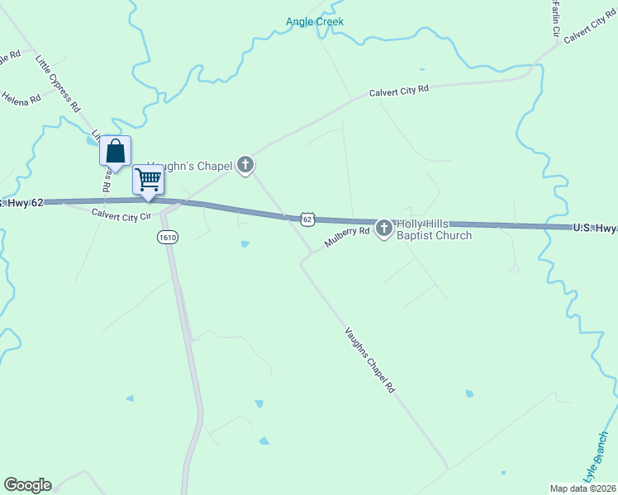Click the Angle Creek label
click(314, 21)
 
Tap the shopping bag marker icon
click(116, 152)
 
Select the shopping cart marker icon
click(149, 178)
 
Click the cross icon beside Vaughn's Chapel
click(245, 166)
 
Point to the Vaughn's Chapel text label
click(191, 167)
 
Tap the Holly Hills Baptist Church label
click(434, 229)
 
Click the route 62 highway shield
click(307, 219)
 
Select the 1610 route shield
click(168, 238)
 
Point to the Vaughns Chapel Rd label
click(370, 359)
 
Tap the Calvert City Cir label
click(122, 214)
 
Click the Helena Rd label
click(21, 98)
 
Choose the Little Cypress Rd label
click(57, 82)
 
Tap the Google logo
click(27, 485)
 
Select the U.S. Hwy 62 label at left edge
click(21, 202)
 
